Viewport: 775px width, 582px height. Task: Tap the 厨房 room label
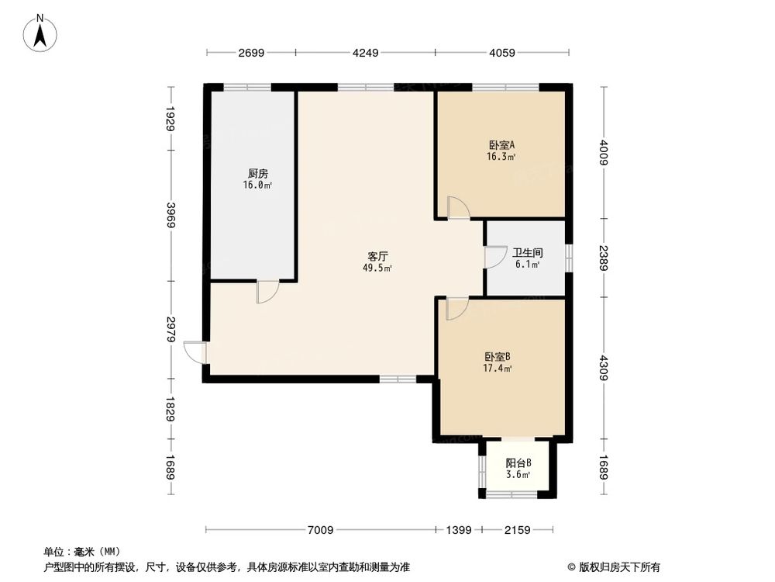click(259, 174)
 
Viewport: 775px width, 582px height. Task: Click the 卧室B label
click(498, 357)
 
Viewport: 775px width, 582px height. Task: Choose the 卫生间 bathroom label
click(527, 253)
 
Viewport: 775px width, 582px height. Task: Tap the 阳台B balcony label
click(518, 463)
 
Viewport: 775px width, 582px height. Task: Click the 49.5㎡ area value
click(377, 268)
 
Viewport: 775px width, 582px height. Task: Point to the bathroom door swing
click(492, 258)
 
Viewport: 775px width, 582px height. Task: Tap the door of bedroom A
click(458, 208)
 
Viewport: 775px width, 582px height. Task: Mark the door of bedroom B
click(456, 308)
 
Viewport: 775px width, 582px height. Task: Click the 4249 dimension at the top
click(365, 53)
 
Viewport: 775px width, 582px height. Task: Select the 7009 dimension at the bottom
click(320, 530)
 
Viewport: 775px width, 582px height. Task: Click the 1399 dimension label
click(458, 530)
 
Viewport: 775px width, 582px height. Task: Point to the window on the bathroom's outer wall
click(568, 258)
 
